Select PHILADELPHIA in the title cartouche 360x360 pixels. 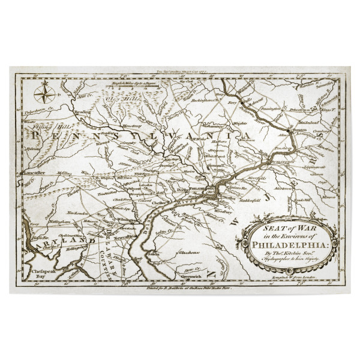292,244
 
